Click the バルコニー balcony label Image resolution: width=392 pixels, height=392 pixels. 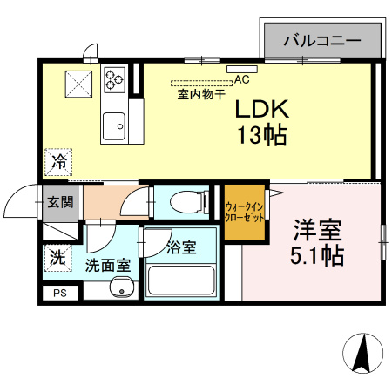coord(322,41)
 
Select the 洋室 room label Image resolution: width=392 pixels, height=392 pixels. coord(317,232)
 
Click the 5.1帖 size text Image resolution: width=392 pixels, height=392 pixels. coord(317,256)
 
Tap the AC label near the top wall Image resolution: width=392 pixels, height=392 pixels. coord(241,79)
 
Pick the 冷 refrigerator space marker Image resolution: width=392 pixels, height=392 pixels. coord(59,161)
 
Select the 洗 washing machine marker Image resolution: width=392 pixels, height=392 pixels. coord(57,258)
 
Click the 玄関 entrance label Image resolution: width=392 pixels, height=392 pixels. coord(60,203)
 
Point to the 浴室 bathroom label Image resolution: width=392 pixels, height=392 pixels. coord(182,247)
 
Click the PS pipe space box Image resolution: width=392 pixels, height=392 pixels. coord(59,294)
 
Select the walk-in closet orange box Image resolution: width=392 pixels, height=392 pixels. coord(244,210)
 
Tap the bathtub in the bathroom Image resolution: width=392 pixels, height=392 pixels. coord(182,280)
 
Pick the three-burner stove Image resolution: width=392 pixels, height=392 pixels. coord(115,79)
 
